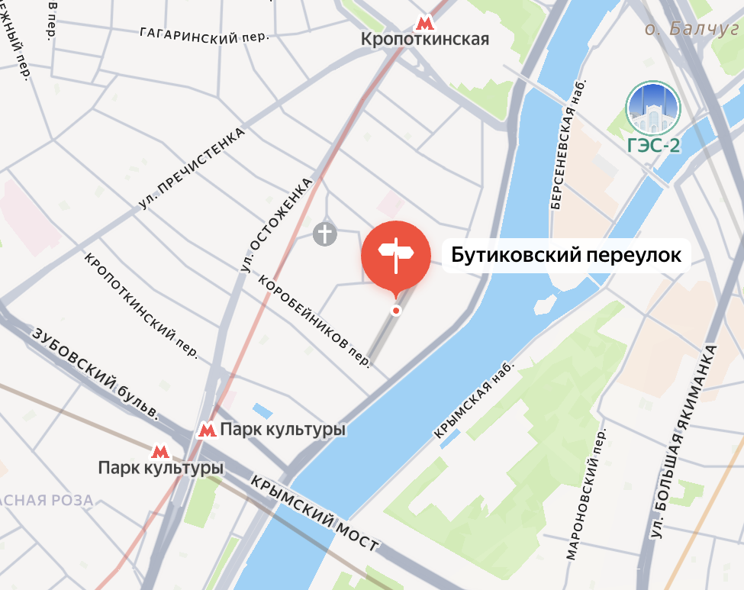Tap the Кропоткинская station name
tap(424, 40)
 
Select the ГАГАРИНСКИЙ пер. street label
tap(205, 34)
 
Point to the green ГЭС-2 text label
tap(653, 146)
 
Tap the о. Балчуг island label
tap(692, 29)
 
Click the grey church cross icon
tap(325, 234)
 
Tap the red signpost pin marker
tap(395, 257)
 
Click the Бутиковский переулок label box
tap(565, 256)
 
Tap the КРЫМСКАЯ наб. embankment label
tap(474, 399)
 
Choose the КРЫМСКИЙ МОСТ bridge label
tap(314, 513)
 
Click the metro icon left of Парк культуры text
tap(206, 430)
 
